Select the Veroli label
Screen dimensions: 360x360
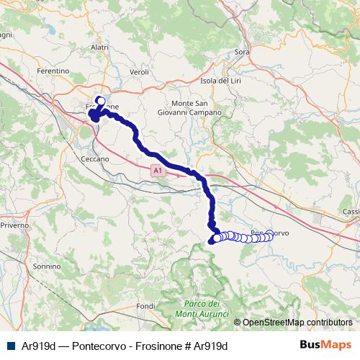140,72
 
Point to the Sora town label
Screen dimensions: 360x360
242,53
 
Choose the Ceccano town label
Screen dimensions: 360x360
95,158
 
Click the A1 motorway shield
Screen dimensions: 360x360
158,171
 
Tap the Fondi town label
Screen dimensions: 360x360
146,306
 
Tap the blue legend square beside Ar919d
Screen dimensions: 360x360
12,346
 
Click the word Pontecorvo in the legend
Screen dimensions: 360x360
100,346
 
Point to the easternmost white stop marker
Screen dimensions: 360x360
270,234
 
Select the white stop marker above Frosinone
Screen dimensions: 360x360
100,102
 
